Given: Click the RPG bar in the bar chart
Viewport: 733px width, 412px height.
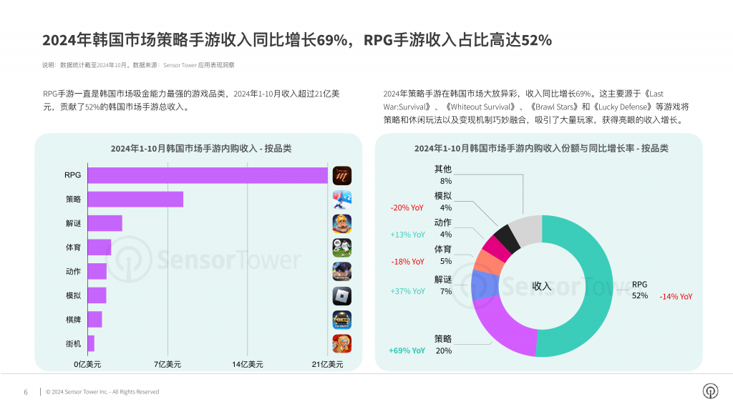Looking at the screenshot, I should click(208, 175).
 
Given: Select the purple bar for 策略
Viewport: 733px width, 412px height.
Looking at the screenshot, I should click(135, 200).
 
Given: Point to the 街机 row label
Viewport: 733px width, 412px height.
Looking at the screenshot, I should click(72, 343).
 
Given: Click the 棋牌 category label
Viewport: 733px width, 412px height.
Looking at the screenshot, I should click(72, 319).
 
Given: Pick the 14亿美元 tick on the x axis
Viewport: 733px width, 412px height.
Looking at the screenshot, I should click(248, 364).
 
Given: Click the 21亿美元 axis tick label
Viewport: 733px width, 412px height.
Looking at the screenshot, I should click(328, 364).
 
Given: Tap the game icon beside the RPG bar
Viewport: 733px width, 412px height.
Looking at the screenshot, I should click(342, 175).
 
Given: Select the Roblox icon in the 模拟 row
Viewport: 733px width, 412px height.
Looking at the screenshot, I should click(342, 295).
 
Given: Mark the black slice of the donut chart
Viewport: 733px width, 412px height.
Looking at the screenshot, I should click(507, 237).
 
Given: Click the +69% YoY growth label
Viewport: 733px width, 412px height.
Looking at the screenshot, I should click(407, 350).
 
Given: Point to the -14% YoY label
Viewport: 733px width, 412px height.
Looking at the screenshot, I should click(676, 296).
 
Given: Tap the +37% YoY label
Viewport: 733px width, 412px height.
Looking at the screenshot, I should click(407, 291).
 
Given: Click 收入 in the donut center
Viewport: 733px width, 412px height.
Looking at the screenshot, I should click(542, 286).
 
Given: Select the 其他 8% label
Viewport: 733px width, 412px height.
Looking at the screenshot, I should click(443, 175).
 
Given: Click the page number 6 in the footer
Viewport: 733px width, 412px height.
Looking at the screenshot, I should click(26, 392).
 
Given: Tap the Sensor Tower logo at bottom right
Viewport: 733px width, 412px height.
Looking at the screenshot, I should click(710, 391).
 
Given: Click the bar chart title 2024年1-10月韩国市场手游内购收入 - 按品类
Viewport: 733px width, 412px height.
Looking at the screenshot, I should click(200, 149).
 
